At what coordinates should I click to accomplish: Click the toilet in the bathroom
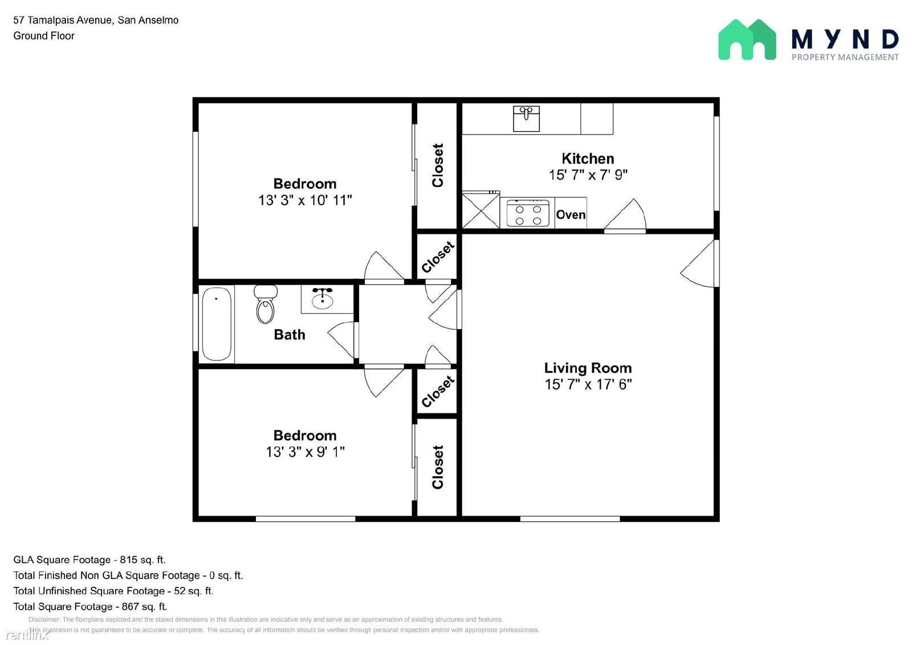(266, 304)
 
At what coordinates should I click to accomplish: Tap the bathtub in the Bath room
(217, 324)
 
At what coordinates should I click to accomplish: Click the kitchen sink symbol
(527, 119)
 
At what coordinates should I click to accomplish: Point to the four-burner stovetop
(528, 213)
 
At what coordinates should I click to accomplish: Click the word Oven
(571, 215)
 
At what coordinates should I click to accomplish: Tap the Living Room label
(588, 368)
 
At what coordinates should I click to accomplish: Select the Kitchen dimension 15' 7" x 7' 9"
(588, 175)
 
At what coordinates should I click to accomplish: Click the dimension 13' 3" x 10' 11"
(305, 200)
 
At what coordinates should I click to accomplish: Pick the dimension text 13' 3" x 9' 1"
(305, 452)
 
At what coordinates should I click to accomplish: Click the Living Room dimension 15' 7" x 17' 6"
(588, 384)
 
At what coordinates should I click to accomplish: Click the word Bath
(290, 335)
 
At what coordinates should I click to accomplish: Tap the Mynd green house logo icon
(747, 39)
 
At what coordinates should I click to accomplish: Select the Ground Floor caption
(44, 36)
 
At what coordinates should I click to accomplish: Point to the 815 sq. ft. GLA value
(142, 559)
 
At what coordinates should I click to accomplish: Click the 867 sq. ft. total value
(145, 606)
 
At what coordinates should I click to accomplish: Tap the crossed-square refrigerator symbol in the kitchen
(481, 210)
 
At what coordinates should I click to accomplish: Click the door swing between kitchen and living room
(625, 214)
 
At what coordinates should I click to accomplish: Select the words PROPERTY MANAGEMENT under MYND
(845, 57)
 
